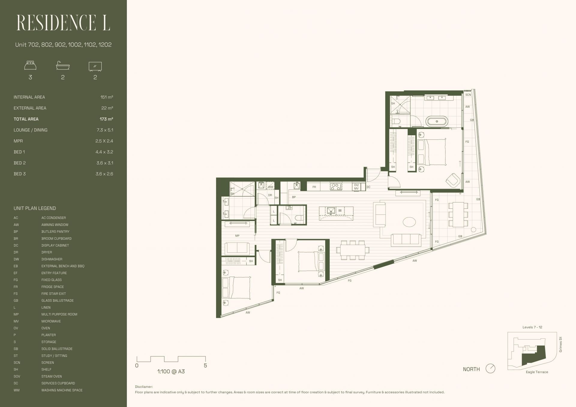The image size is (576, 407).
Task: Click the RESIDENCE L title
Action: pos(63,23)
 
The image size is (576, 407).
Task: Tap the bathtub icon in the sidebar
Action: pos(63,66)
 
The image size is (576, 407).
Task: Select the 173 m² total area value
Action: pos(106,119)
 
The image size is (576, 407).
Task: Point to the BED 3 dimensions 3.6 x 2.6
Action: pos(104,174)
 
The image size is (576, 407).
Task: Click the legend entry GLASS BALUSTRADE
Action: pos(57,301)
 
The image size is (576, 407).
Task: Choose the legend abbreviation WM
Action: pos(16,390)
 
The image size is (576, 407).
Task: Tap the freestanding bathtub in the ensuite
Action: pos(437,121)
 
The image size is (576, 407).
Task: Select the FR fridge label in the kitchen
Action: pos(314,187)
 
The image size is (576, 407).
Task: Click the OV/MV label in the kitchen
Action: pos(356,187)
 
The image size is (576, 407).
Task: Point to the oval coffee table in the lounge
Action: pos(409,222)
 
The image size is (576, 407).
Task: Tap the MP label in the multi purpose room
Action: pos(237,236)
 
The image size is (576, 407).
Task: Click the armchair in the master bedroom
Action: pos(453,181)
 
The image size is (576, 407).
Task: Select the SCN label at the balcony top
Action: pos(468,95)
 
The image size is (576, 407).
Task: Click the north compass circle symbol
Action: pos(490,368)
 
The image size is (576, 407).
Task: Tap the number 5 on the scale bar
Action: pos(205,366)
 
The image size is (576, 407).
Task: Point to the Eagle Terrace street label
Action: pos(537,372)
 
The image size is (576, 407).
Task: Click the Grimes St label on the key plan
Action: pos(560,344)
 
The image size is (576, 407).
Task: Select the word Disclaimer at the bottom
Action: pos(144,387)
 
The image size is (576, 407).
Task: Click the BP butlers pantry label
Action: pos(294,197)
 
